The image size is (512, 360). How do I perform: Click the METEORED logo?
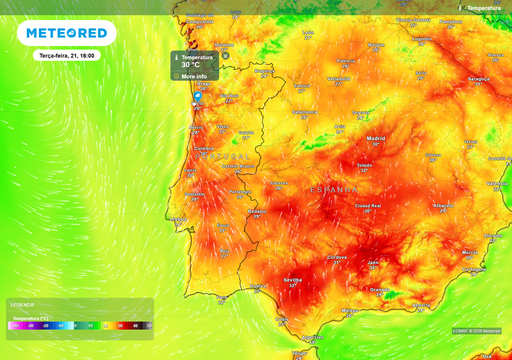click(66, 33)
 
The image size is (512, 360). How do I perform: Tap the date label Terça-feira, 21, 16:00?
click(65, 56)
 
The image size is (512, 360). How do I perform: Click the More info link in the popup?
click(195, 75)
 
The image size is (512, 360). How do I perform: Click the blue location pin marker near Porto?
click(198, 97)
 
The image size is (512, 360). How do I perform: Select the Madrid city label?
click(376, 139)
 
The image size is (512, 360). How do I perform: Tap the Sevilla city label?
click(293, 280)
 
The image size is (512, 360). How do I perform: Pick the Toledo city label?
click(365, 164)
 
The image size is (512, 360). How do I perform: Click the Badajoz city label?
click(257, 211)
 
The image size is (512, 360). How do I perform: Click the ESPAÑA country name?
click(333, 188)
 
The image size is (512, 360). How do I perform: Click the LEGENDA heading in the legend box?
click(22, 304)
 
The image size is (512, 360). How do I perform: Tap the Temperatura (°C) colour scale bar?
click(80, 325)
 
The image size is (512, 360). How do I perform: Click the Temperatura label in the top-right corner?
click(485, 7)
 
